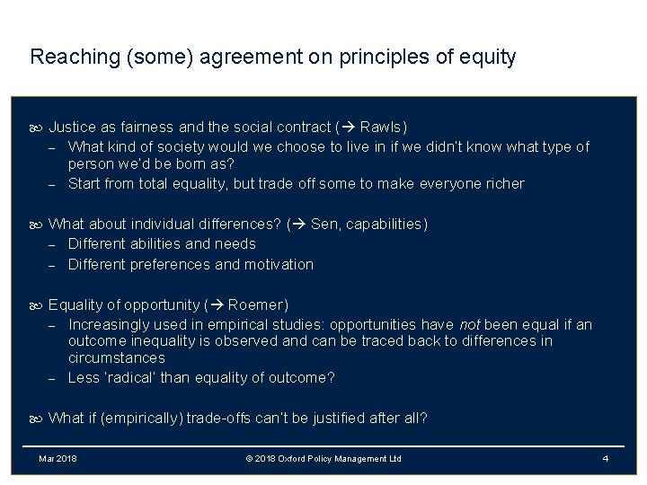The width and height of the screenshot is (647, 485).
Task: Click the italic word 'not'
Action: tap(470, 324)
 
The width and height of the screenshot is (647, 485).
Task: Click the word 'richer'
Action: tap(503, 183)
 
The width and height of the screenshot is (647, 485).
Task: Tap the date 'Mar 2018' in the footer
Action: tap(58, 459)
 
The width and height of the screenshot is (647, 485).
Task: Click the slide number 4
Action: tap(606, 459)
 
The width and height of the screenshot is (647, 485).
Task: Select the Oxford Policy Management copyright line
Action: tap(323, 459)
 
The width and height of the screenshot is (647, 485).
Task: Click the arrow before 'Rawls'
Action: tap(346, 127)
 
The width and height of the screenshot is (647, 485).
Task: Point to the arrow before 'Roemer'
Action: tap(217, 304)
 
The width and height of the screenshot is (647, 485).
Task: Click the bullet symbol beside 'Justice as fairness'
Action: tap(37, 128)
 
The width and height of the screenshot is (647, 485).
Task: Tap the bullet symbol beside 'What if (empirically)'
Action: tap(37, 419)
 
